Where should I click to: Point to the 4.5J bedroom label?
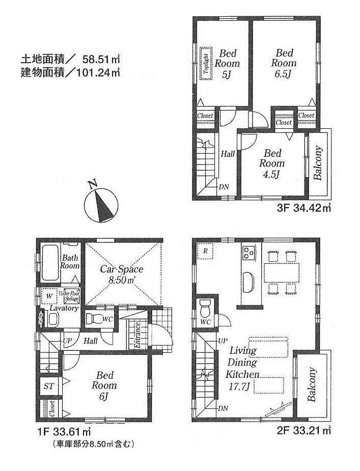[x=271, y=163]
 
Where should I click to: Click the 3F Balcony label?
[x=318, y=163]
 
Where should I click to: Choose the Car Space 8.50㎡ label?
[x=121, y=274]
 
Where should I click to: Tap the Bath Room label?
[x=70, y=261]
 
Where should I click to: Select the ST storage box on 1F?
[x=49, y=386]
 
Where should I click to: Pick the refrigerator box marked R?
[x=205, y=251]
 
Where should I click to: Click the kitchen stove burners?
[x=249, y=252]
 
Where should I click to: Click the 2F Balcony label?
[x=312, y=385]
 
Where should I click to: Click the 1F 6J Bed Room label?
[x=105, y=385]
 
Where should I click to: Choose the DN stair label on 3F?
[x=224, y=187]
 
